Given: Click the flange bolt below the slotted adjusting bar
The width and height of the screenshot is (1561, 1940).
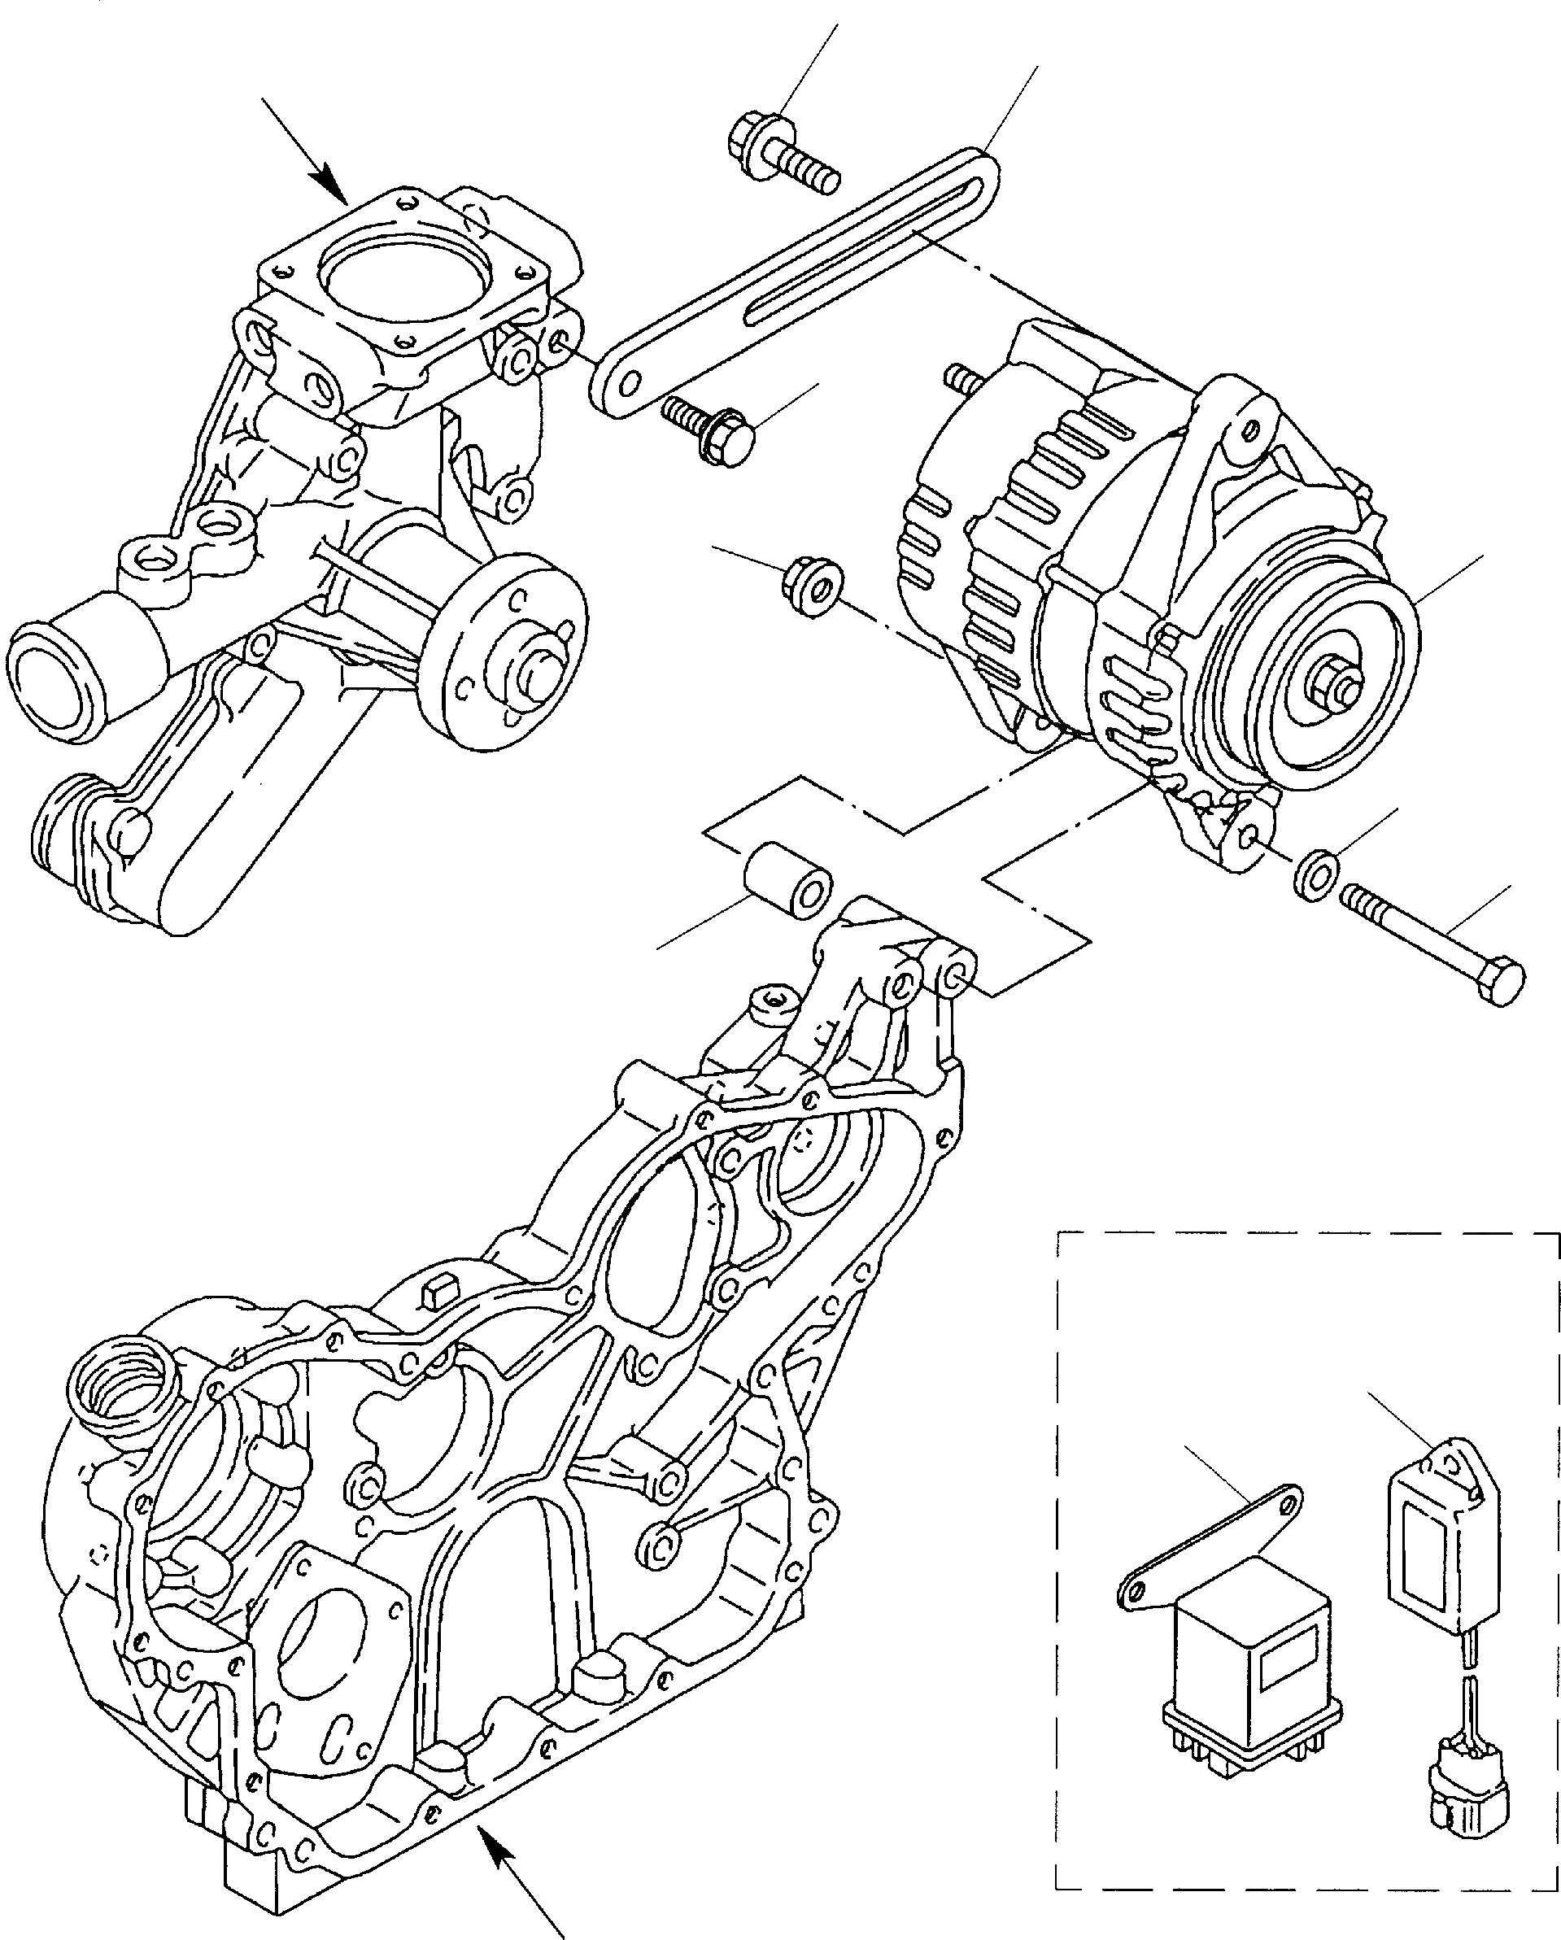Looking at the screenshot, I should pyautogui.click(x=710, y=429).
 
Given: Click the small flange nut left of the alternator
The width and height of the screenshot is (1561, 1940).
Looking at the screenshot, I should pyautogui.click(x=812, y=587).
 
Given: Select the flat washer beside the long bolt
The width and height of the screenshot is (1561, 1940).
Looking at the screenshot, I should pyautogui.click(x=1316, y=872).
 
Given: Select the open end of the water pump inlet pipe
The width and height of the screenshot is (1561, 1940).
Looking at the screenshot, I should pyautogui.click(x=51, y=682).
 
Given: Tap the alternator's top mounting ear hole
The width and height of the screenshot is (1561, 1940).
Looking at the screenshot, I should pyautogui.click(x=1245, y=431).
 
